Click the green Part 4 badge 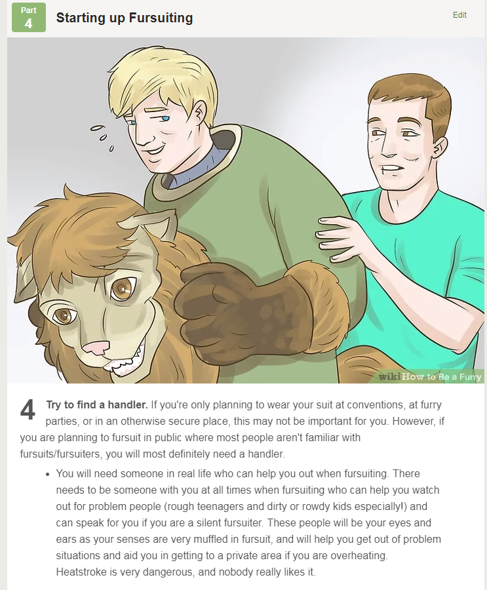click(x=29, y=17)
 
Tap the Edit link click(x=459, y=15)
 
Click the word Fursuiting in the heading click(x=161, y=18)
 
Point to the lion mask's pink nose click(x=96, y=347)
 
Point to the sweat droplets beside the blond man click(x=102, y=137)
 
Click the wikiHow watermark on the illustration click(x=429, y=376)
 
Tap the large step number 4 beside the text click(x=28, y=409)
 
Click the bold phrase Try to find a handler click(x=97, y=405)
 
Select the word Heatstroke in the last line click(x=81, y=572)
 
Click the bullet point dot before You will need click(x=47, y=474)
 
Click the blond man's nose click(x=140, y=136)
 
